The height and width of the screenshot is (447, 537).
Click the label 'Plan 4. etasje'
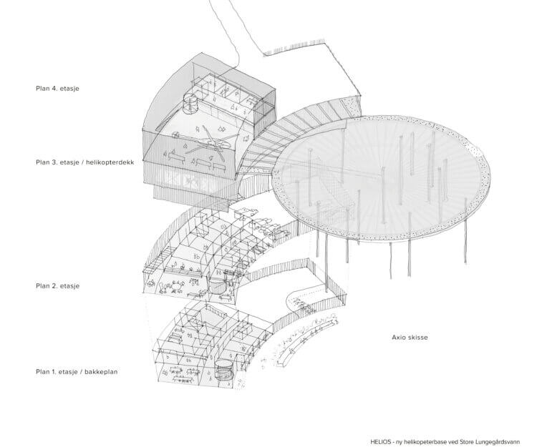(57, 89)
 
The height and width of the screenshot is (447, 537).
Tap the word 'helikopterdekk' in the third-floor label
(110, 162)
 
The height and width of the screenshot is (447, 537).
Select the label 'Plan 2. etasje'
(57, 286)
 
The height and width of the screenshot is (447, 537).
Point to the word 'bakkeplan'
(102, 372)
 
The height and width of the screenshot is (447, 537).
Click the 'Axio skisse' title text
(410, 338)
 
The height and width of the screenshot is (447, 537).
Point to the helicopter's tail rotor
(175, 135)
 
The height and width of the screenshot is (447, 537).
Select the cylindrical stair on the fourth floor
(190, 104)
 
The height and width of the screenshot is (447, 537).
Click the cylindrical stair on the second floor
(216, 285)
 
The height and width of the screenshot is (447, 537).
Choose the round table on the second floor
(177, 285)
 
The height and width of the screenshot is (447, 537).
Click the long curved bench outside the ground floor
(309, 342)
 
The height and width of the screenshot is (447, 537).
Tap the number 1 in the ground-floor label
(54, 372)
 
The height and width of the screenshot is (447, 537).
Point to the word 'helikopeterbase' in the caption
(424, 441)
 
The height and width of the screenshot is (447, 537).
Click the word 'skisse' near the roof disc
(417, 338)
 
